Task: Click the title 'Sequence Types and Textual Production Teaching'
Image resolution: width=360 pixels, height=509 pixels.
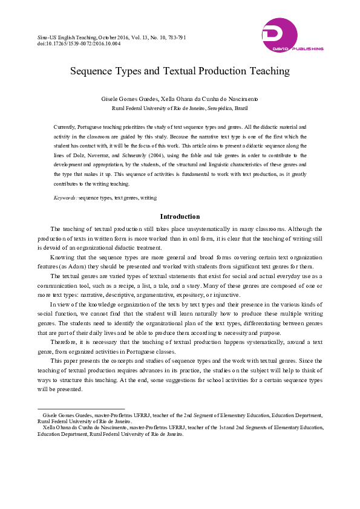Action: coord(180,71)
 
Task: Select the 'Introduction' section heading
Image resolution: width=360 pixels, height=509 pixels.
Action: coord(180,216)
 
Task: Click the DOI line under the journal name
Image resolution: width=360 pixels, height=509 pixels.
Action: coord(79,44)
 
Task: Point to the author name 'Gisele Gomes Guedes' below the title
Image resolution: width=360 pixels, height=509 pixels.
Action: coord(126,97)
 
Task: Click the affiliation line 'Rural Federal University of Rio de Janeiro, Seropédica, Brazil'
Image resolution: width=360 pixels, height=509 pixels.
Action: coord(180,108)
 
